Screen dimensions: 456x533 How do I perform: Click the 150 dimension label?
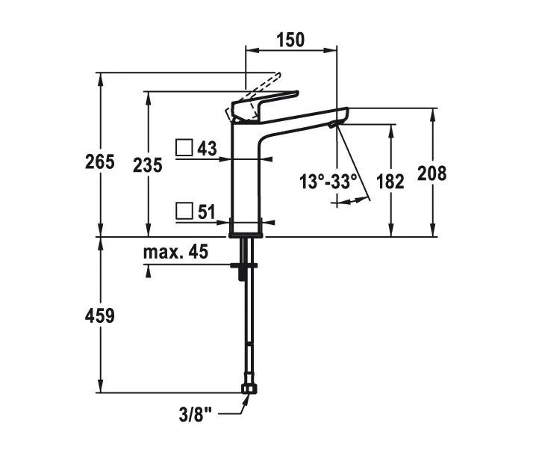291,40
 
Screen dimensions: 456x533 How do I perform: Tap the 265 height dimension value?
100,162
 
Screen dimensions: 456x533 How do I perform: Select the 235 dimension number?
147,165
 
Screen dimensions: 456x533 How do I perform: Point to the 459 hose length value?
100,315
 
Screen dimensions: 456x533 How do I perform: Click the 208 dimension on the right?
432,173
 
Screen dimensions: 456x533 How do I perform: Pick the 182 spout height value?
390,180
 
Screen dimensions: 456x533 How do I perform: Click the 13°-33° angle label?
329,180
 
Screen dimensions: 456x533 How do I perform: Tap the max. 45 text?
175,252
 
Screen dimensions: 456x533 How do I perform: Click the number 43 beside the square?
207,148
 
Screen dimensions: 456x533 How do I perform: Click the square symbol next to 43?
184,147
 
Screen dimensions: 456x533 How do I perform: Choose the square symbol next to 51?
184,211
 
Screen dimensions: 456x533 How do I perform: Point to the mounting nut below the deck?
244,265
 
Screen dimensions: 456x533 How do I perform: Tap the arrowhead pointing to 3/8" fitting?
245,398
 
